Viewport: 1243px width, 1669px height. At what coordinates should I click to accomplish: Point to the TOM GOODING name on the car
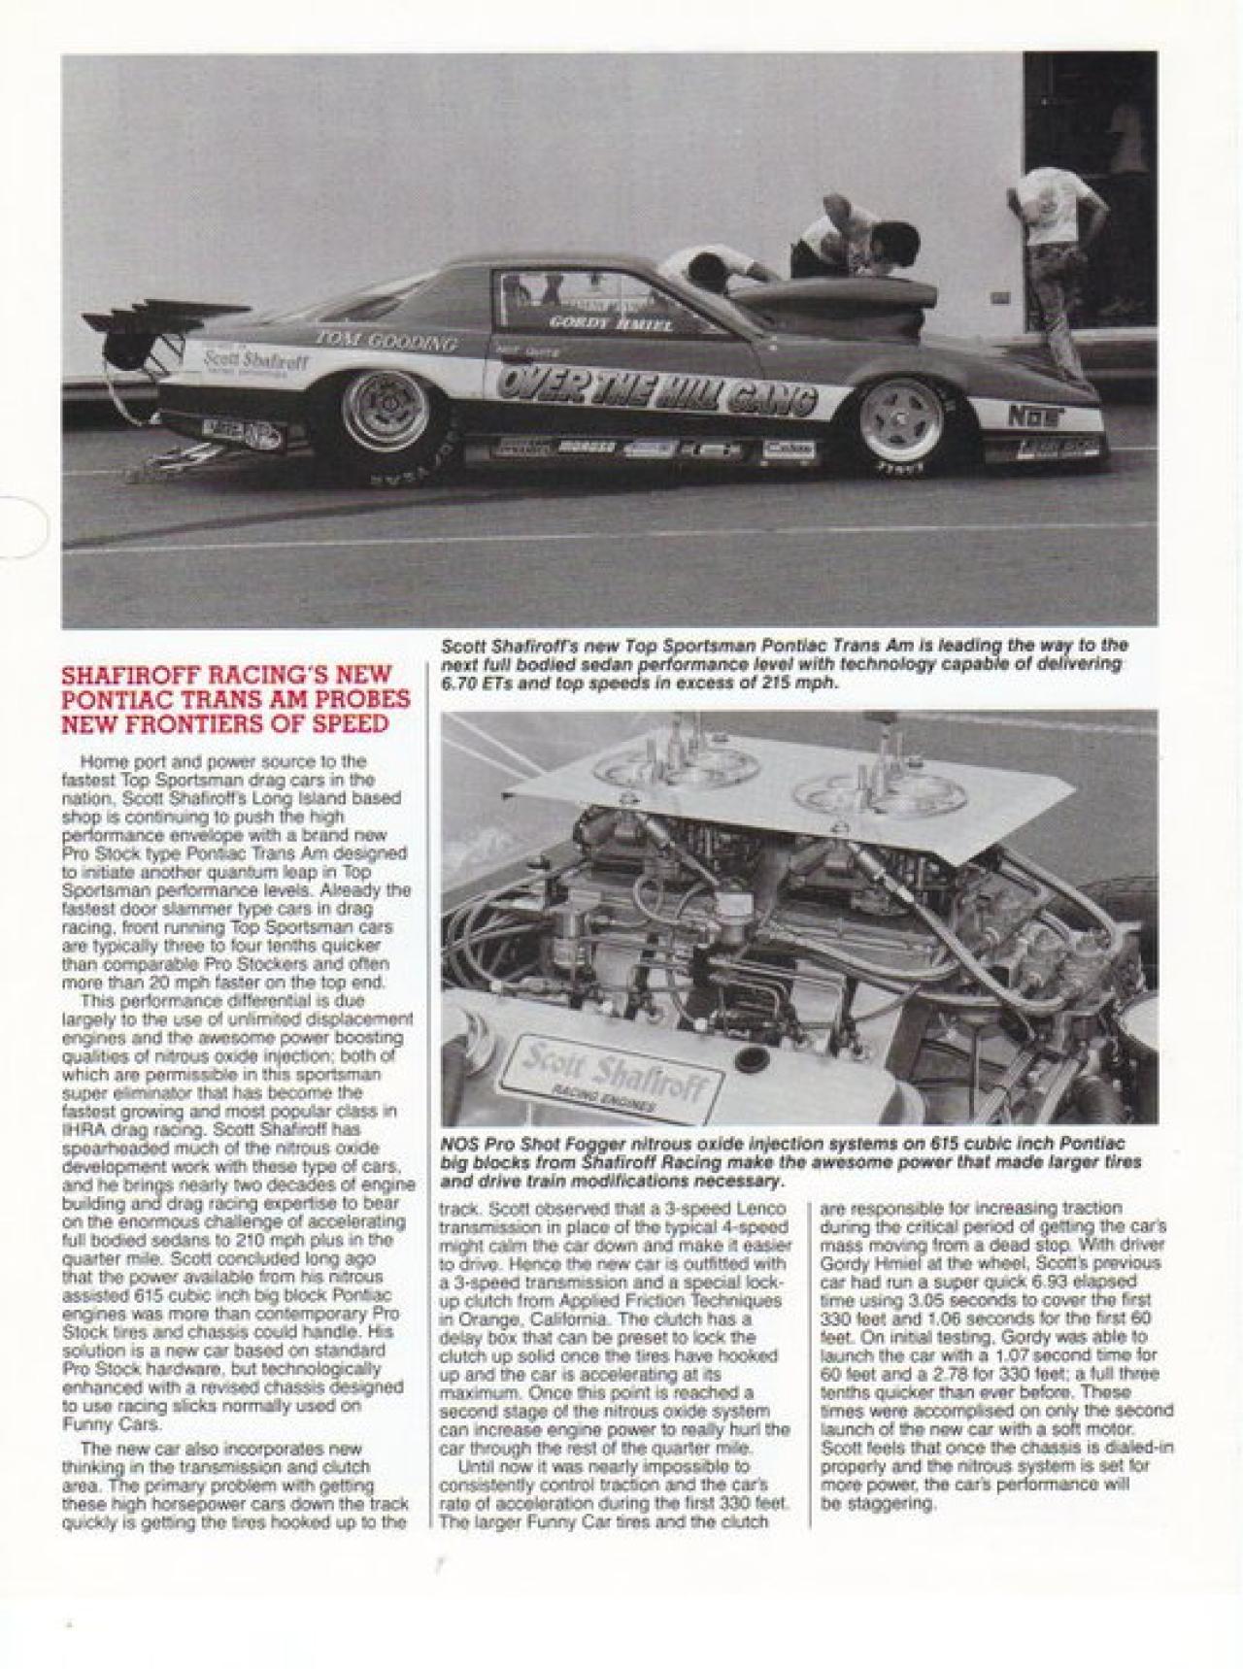pyautogui.click(x=386, y=341)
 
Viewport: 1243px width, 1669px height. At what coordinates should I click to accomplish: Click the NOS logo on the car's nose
pyautogui.click(x=1031, y=417)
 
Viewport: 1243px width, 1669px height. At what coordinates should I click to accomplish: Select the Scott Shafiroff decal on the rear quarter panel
pyautogui.click(x=255, y=361)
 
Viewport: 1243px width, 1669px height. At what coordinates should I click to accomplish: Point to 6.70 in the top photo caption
pyautogui.click(x=457, y=683)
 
